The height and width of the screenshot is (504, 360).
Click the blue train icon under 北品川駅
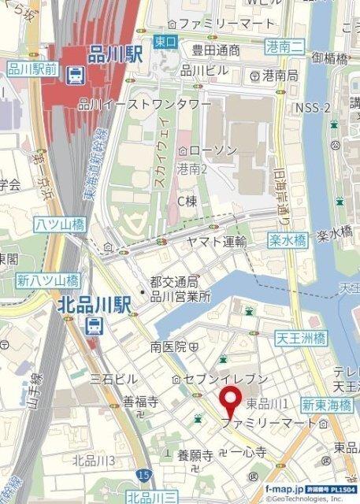pos(93,324)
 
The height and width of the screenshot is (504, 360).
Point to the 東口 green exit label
pos(165,41)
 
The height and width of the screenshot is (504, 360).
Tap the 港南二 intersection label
pos(284,46)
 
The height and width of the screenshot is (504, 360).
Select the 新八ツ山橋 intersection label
pos(48,280)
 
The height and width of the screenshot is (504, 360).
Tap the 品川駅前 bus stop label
pos(33,69)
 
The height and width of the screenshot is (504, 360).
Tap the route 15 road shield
pos(142,476)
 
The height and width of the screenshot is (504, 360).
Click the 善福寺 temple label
pos(140,402)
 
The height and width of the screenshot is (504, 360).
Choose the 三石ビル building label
pos(114,380)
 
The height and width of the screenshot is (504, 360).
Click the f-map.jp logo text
pos(282,489)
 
